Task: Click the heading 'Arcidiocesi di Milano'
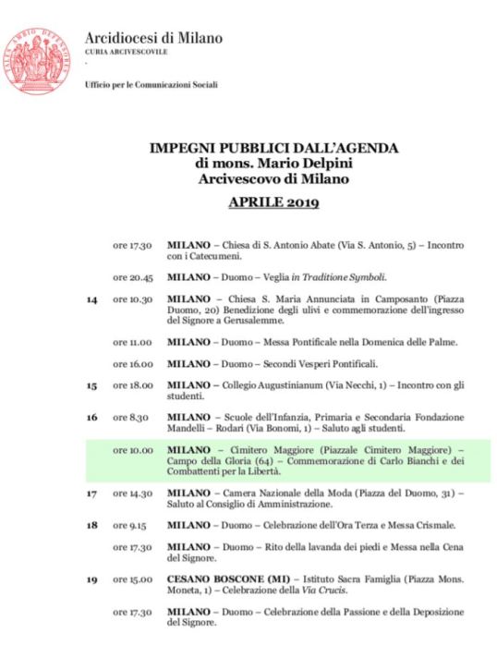point(153,39)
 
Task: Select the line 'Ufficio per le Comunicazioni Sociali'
point(151,86)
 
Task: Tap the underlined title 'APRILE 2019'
point(268,202)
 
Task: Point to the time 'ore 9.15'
point(130,526)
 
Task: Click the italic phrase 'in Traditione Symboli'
point(338,275)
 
